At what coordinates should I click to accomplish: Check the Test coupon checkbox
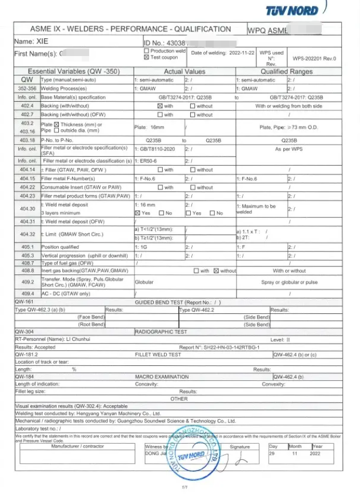click(x=146, y=57)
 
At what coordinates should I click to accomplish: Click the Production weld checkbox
click(x=146, y=51)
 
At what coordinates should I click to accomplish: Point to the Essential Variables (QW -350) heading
click(x=71, y=71)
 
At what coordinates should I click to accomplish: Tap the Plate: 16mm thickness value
click(x=148, y=128)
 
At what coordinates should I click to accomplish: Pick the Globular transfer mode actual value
click(x=144, y=282)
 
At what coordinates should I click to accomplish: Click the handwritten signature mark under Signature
click(x=242, y=456)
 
